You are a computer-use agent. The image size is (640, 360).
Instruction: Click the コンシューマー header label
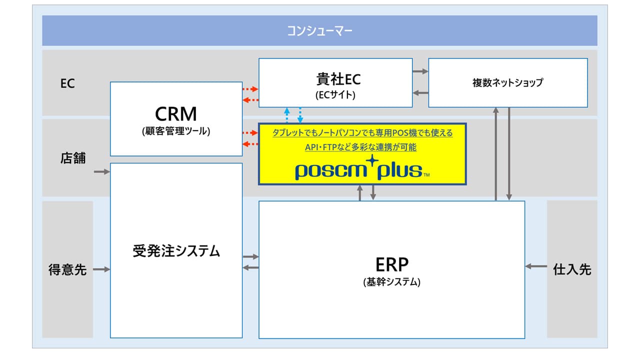point(319,31)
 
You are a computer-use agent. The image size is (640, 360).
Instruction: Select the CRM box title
point(175,114)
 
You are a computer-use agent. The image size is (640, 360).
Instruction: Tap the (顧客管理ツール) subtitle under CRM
point(175,132)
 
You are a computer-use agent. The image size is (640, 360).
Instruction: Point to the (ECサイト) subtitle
point(335,94)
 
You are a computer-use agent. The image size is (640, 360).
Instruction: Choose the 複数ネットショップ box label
point(507,83)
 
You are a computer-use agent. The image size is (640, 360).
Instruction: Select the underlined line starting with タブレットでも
point(362,133)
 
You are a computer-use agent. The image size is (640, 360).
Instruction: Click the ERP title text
point(391,264)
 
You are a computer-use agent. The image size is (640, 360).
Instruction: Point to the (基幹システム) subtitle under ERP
point(391,282)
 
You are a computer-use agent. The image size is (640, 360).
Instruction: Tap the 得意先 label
point(67,269)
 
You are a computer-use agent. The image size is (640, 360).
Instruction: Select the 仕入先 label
point(572,269)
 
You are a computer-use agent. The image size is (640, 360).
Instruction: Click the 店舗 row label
point(73,158)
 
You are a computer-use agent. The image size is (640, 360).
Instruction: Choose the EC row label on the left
point(67,83)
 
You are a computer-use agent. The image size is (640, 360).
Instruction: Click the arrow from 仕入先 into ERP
point(536,266)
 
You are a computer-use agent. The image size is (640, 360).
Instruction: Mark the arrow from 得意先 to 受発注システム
point(101,269)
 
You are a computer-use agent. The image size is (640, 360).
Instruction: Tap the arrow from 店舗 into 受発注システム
point(101,172)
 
